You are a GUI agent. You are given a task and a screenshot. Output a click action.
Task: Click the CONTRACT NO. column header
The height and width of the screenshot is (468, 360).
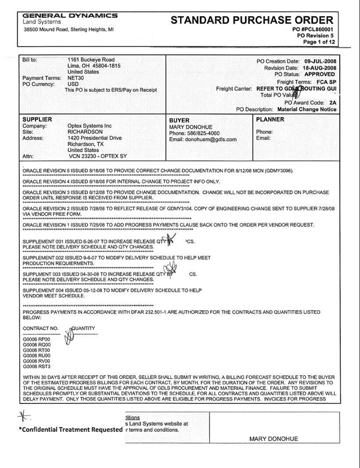40,329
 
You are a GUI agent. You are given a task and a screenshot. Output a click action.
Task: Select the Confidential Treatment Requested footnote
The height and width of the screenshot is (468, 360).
68,430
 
